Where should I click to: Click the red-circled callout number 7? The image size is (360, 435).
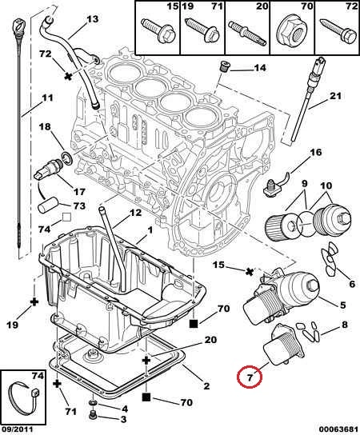[x=250, y=377]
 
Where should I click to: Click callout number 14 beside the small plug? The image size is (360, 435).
[x=260, y=68]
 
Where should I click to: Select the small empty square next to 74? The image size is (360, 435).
[x=66, y=217]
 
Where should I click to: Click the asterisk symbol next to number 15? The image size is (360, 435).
[x=250, y=272]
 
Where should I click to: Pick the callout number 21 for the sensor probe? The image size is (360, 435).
[x=334, y=96]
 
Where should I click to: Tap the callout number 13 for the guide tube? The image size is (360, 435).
[x=93, y=19]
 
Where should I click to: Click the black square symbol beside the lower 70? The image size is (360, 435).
[x=146, y=397]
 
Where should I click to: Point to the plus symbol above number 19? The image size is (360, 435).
[x=34, y=301]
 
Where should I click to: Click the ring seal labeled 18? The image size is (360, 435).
[x=67, y=158]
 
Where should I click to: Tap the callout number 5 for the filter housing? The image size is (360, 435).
[x=342, y=305]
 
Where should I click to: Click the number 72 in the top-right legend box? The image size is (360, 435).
[x=352, y=6]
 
